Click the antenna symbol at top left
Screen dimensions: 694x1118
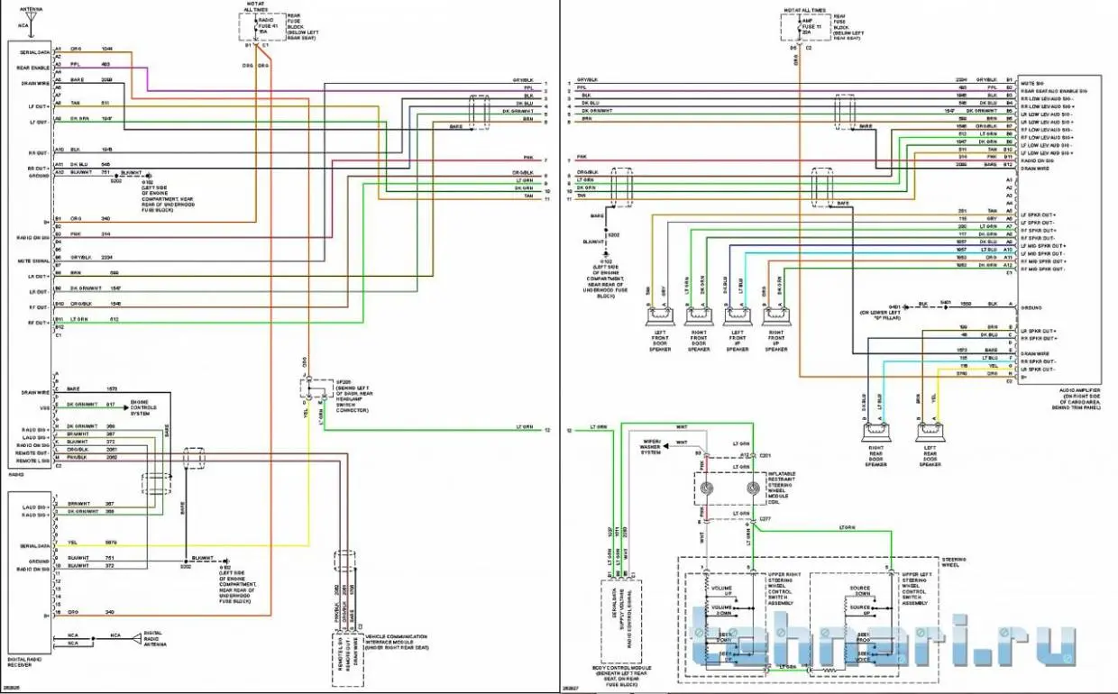pyautogui.click(x=32, y=15)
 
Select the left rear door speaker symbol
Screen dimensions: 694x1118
pyautogui.click(x=930, y=434)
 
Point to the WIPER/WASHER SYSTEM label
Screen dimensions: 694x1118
pyautogui.click(x=650, y=447)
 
